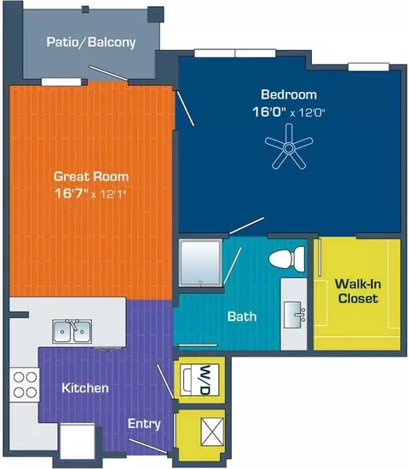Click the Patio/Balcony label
91,43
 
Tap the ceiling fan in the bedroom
289,147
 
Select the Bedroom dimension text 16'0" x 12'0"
289,112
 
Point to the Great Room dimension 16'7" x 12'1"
90,194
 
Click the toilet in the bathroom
287,258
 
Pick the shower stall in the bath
200,263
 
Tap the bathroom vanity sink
295,315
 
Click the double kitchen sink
72,331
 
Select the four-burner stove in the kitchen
25,385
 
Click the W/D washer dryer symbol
199,380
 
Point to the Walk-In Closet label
358,291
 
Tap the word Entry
144,424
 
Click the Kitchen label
85,388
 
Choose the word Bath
242,317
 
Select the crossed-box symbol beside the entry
212,432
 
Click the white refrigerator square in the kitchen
78,439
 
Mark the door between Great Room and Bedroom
186,109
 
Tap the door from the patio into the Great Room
109,73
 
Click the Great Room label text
91,176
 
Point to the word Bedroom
289,94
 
